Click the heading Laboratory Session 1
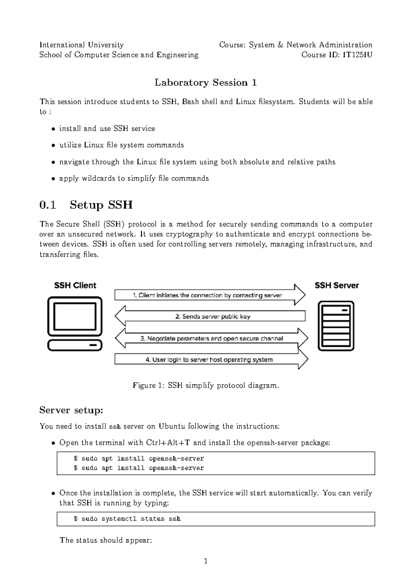tap(206, 82)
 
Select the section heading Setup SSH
tap(101, 205)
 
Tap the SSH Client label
tap(75, 286)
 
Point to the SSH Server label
tap(336, 286)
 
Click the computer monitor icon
tap(75, 316)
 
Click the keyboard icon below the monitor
tap(75, 345)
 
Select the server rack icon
tap(336, 326)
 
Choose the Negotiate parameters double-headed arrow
tap(211, 338)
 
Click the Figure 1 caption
tap(206, 385)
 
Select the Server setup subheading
tap(71, 410)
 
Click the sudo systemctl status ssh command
tap(127, 519)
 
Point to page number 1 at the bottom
tap(206, 561)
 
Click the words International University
tap(81, 45)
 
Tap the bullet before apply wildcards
tap(53, 179)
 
